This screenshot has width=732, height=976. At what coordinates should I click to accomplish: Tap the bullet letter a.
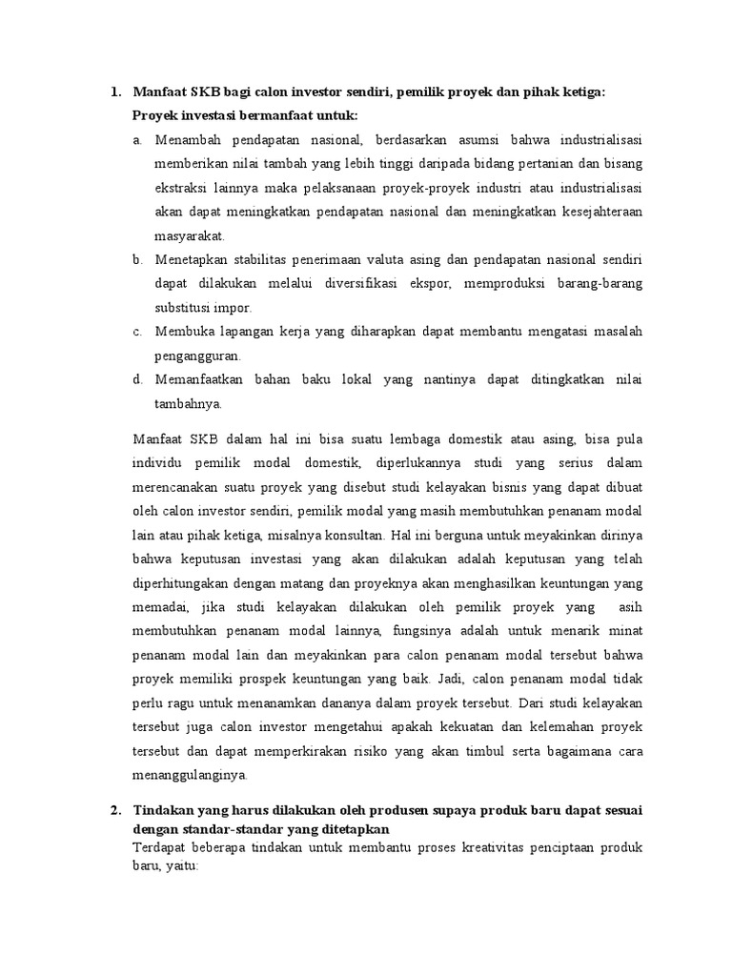point(137,140)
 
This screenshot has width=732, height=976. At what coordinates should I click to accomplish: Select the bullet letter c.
point(137,331)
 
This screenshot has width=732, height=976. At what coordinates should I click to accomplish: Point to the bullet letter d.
point(137,379)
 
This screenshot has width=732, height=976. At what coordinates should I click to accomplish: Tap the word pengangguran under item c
point(198,355)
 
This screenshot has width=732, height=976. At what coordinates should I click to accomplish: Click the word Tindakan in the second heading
point(164,810)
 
